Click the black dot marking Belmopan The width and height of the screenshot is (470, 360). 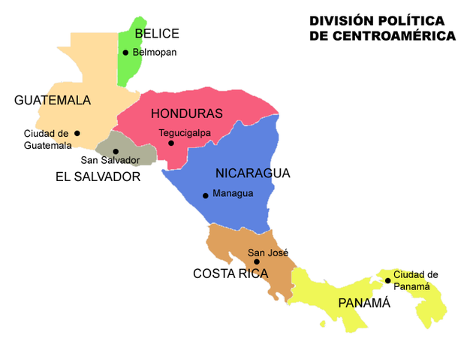tap(125, 53)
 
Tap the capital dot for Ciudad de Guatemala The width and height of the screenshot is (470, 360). tap(77, 134)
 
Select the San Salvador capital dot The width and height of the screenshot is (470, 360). tap(116, 151)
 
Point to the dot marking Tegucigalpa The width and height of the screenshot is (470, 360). tap(171, 143)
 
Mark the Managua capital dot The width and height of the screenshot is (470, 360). tap(205, 195)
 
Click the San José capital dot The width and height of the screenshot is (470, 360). tap(256, 262)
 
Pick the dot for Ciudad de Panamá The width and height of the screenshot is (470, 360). tap(387, 280)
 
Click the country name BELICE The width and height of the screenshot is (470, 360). tap(157, 33)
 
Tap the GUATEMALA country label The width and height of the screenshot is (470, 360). tap(53, 101)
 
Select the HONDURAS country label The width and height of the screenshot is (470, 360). tap(187, 114)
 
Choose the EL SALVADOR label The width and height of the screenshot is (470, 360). tap(98, 177)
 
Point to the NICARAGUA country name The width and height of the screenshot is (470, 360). tap(252, 174)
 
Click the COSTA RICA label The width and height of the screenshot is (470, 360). tap(230, 274)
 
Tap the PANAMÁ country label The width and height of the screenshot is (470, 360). tap(364, 304)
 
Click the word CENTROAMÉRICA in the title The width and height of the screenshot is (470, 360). tap(382, 35)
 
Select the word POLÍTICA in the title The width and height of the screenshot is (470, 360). tap(406, 20)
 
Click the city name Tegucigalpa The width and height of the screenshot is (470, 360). tap(185, 133)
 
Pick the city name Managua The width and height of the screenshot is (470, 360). tap(233, 194)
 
